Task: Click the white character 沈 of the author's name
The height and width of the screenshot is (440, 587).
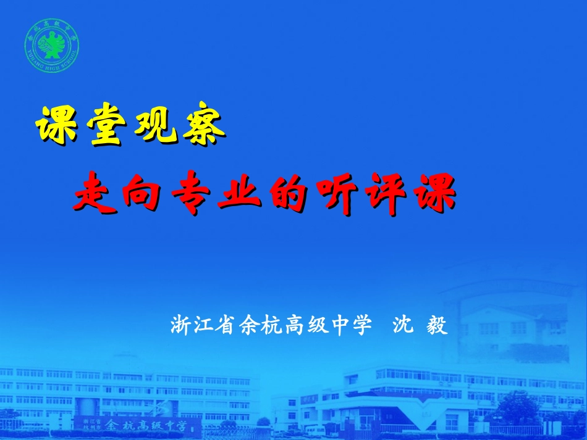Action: tap(405, 325)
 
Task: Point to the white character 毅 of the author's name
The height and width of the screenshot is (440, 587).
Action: tap(437, 325)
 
